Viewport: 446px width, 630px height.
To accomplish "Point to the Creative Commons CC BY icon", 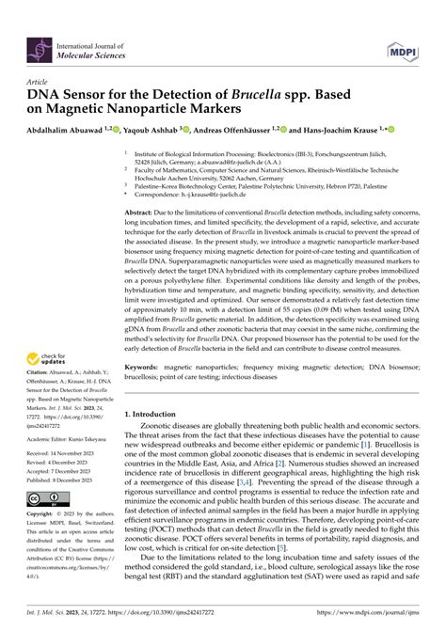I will pos(48,498).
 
